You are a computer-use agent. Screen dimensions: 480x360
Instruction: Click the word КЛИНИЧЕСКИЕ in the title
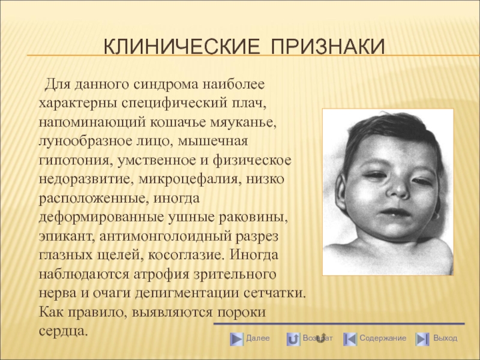pyautogui.click(x=182, y=47)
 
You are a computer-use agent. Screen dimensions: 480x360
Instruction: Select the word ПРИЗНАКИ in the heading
pyautogui.click(x=328, y=47)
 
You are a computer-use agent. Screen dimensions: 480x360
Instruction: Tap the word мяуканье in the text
pyautogui.click(x=244, y=122)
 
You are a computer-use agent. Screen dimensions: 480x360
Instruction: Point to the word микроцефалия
pyautogui.click(x=188, y=179)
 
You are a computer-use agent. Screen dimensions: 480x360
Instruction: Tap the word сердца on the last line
pyautogui.click(x=64, y=331)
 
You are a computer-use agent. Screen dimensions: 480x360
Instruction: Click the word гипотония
pyautogui.click(x=76, y=161)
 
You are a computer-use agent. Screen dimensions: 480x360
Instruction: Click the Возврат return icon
pyautogui.click(x=293, y=339)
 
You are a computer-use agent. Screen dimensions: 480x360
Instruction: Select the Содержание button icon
pyautogui.click(x=350, y=339)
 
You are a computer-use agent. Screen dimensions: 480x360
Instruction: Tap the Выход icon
pyautogui.click(x=422, y=339)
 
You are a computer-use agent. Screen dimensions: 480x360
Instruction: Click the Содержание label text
pyautogui.click(x=383, y=338)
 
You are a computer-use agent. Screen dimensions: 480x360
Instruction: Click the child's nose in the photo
pyautogui.click(x=398, y=189)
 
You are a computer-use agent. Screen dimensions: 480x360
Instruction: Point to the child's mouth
pyautogui.click(x=395, y=212)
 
